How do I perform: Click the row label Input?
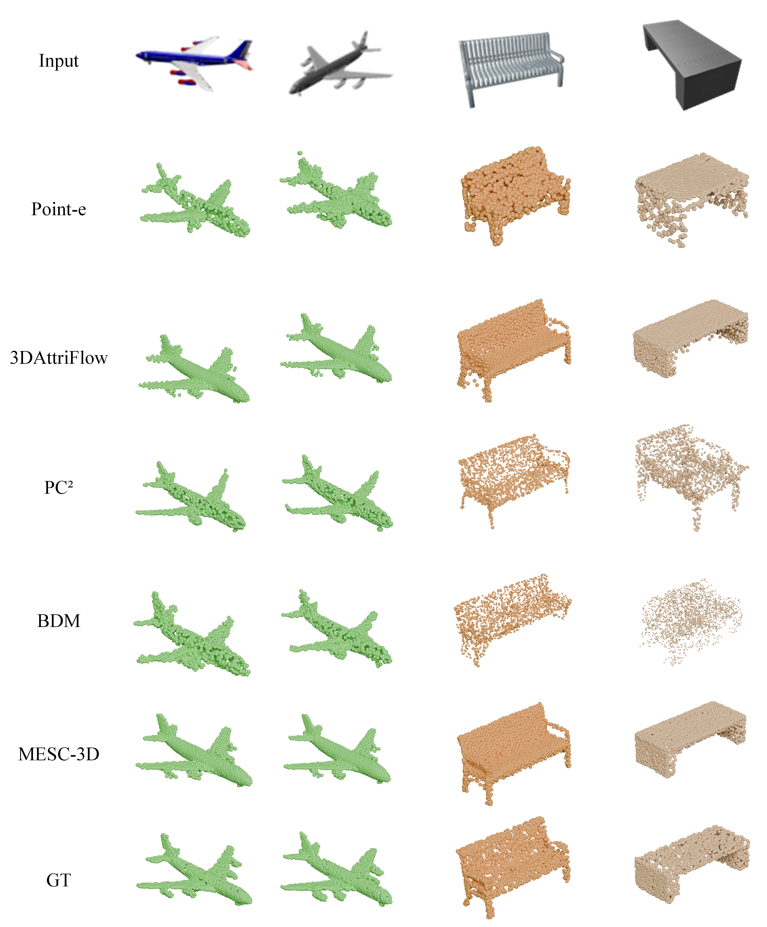(59, 61)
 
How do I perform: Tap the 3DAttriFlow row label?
(59, 358)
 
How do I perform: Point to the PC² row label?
(59, 487)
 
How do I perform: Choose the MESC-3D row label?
(59, 754)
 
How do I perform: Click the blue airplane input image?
(194, 64)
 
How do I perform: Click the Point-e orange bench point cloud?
(515, 196)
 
